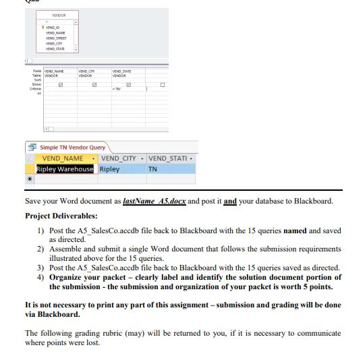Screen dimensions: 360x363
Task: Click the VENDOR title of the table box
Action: click(58, 15)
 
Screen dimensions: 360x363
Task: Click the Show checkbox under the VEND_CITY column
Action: click(94, 85)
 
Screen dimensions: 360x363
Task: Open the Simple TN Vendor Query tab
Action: click(72, 147)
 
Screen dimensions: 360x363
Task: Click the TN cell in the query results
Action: click(152, 169)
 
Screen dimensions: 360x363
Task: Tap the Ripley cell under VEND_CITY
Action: click(110, 169)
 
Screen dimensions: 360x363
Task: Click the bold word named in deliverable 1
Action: click(295, 231)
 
